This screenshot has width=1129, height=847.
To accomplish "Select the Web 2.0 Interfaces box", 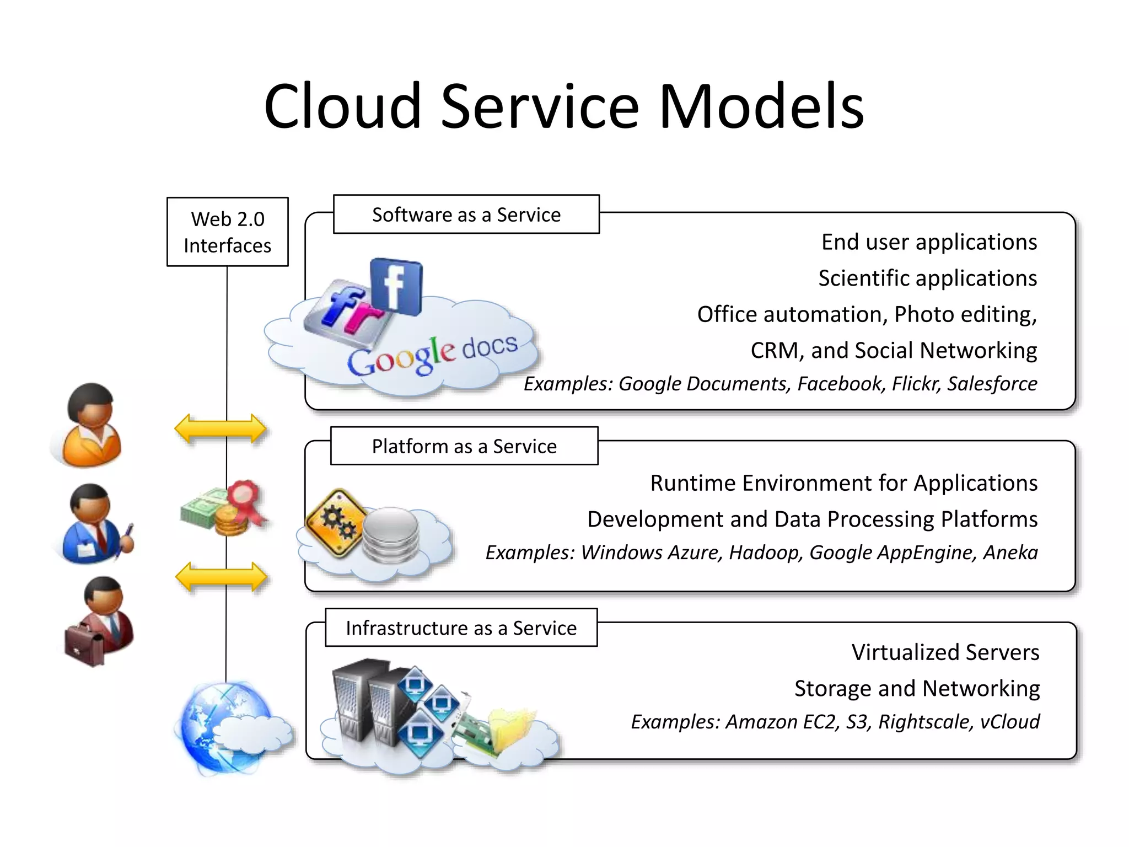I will (x=227, y=232).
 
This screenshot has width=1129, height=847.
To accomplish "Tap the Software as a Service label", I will (x=466, y=215).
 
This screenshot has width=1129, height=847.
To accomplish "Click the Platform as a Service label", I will (x=464, y=446).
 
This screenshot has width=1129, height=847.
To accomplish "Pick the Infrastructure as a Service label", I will (x=461, y=628).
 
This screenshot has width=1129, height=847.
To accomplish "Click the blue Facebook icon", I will (x=396, y=287).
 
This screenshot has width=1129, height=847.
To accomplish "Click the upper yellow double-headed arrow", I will (x=220, y=428).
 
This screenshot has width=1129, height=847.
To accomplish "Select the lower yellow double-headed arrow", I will (x=221, y=577).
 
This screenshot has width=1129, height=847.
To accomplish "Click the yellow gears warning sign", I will (x=336, y=522).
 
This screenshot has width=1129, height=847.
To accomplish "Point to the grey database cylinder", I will (x=391, y=535).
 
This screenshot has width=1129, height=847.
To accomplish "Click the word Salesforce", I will (x=992, y=384).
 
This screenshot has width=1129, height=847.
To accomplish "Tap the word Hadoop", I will (x=766, y=553).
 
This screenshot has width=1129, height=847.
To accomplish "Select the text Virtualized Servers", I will (x=945, y=652).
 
